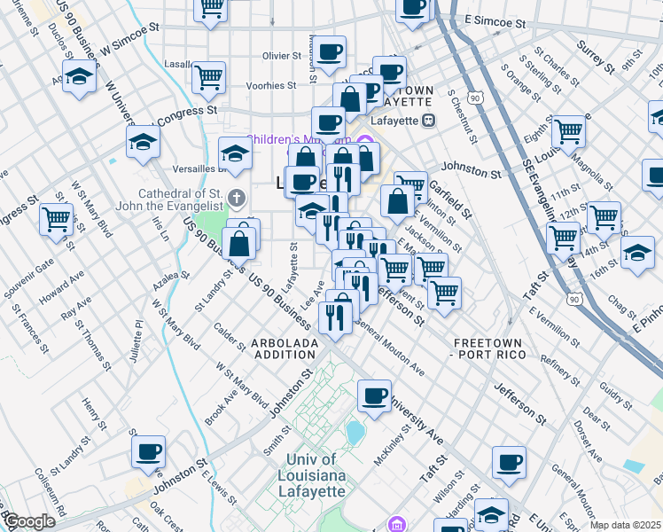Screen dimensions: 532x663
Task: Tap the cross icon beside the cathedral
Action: [235, 196]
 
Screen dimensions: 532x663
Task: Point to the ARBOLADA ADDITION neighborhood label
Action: [284, 348]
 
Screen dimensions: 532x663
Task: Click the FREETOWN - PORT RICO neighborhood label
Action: [490, 348]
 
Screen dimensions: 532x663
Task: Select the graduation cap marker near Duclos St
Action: [80, 78]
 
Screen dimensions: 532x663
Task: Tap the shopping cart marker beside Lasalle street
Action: [208, 78]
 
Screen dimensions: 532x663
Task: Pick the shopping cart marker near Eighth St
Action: [568, 133]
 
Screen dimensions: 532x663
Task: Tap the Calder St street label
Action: [230, 337]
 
